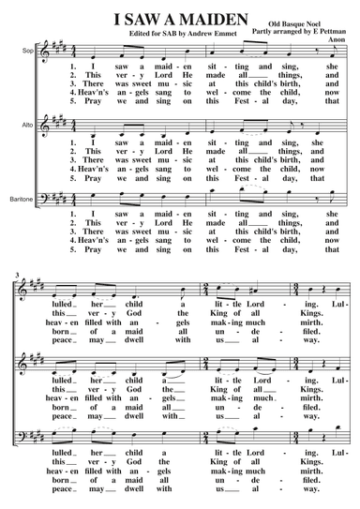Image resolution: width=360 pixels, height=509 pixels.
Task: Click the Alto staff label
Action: pos(30,123)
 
